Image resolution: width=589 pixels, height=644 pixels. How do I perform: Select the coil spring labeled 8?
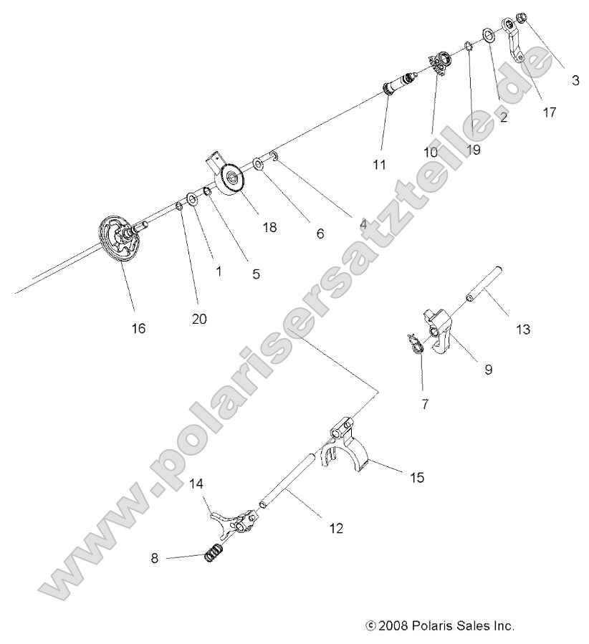[212, 554]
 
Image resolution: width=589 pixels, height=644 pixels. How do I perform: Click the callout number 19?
[473, 150]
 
